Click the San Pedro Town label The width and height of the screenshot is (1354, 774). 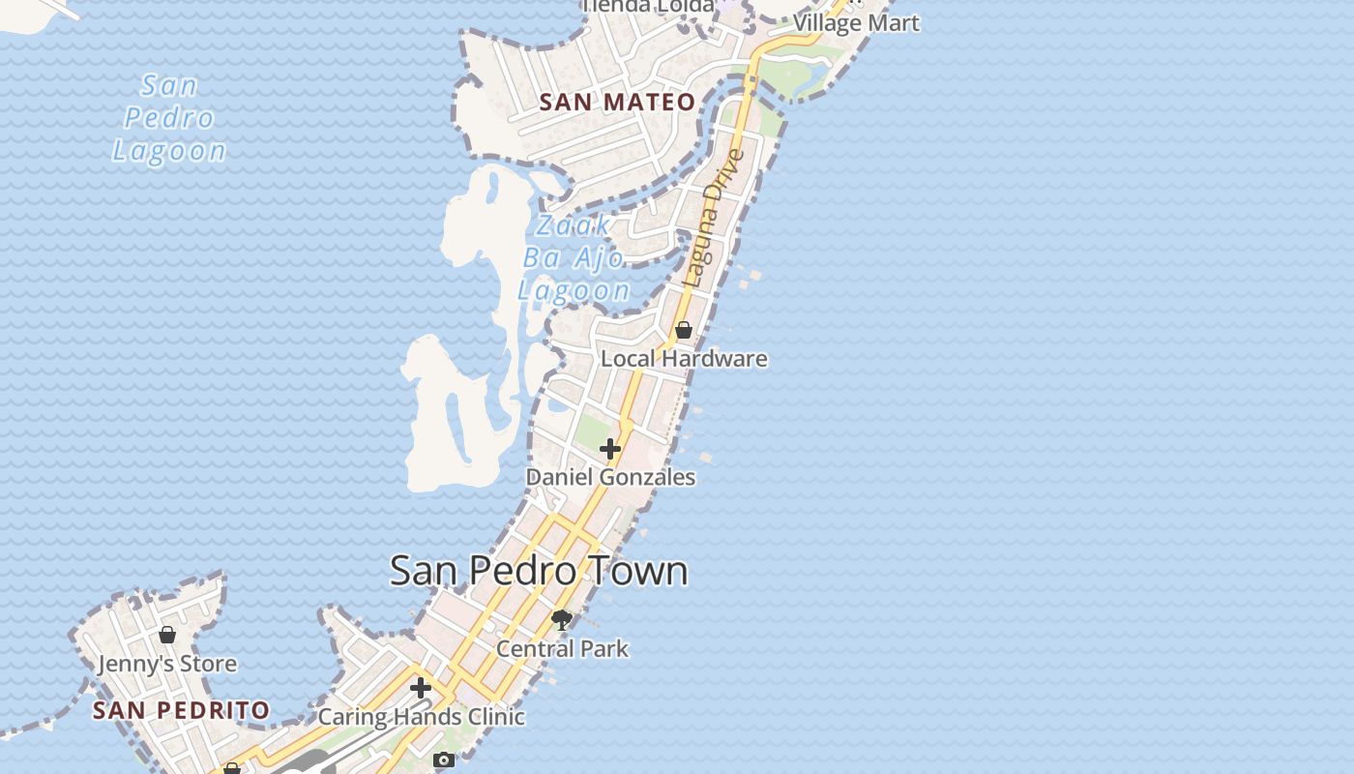(x=539, y=571)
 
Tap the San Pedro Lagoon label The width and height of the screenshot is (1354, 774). (x=169, y=118)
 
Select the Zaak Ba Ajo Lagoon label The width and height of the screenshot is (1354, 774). (x=574, y=257)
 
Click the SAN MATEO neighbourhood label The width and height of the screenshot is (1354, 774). (x=617, y=102)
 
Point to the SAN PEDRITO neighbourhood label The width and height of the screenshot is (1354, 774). (x=181, y=710)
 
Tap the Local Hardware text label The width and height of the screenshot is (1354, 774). (x=684, y=359)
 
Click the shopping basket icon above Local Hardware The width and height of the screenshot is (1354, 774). (x=684, y=330)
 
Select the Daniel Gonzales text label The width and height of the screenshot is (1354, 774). (x=610, y=477)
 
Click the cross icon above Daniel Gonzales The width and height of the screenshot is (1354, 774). (x=610, y=449)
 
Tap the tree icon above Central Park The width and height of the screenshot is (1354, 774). (x=562, y=619)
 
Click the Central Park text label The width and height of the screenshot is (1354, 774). (x=562, y=648)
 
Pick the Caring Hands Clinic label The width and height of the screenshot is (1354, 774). (x=421, y=717)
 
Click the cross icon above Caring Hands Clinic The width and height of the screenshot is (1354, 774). (x=421, y=688)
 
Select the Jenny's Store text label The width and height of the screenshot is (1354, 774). (x=167, y=664)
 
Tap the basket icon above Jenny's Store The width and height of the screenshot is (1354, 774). (x=167, y=635)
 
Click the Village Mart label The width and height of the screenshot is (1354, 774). (x=856, y=23)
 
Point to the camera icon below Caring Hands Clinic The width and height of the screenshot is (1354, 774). (x=444, y=759)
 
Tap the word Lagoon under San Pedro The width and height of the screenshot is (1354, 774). (x=169, y=151)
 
